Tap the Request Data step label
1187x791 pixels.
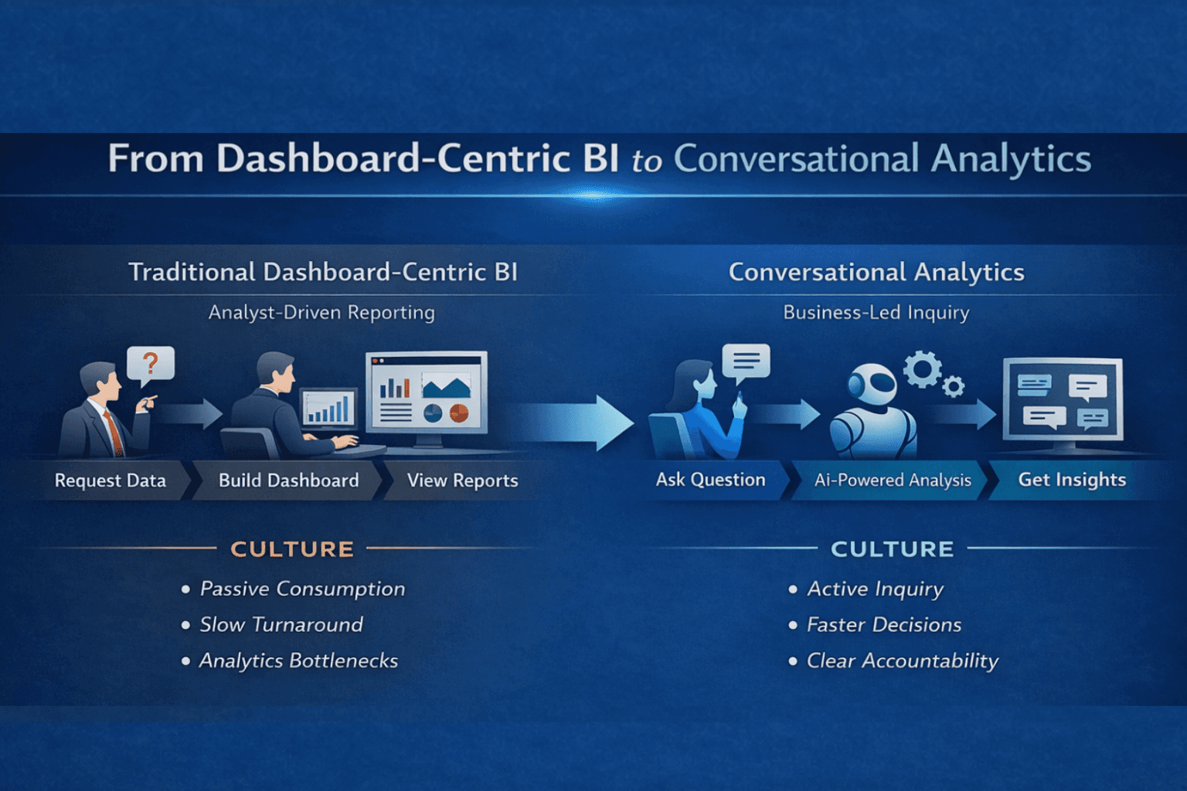click(x=111, y=480)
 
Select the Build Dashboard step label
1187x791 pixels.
click(x=288, y=480)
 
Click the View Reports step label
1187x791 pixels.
click(x=462, y=480)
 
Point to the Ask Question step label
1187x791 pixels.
click(x=710, y=480)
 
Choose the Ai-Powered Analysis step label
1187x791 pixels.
click(x=893, y=480)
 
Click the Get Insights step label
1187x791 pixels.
click(x=1072, y=480)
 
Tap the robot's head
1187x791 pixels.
click(x=872, y=385)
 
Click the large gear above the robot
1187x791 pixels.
click(x=923, y=368)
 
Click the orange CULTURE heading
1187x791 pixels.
click(x=292, y=549)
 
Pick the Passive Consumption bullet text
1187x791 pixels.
click(x=302, y=589)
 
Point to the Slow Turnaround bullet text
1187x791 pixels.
click(x=281, y=625)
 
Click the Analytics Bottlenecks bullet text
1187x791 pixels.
click(x=298, y=661)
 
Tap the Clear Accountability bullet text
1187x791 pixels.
click(x=902, y=661)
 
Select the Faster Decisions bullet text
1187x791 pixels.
click(x=884, y=625)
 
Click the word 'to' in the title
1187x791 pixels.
click(x=647, y=161)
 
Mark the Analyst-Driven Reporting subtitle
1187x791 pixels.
click(x=321, y=313)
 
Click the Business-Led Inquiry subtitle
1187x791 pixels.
click(x=876, y=313)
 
